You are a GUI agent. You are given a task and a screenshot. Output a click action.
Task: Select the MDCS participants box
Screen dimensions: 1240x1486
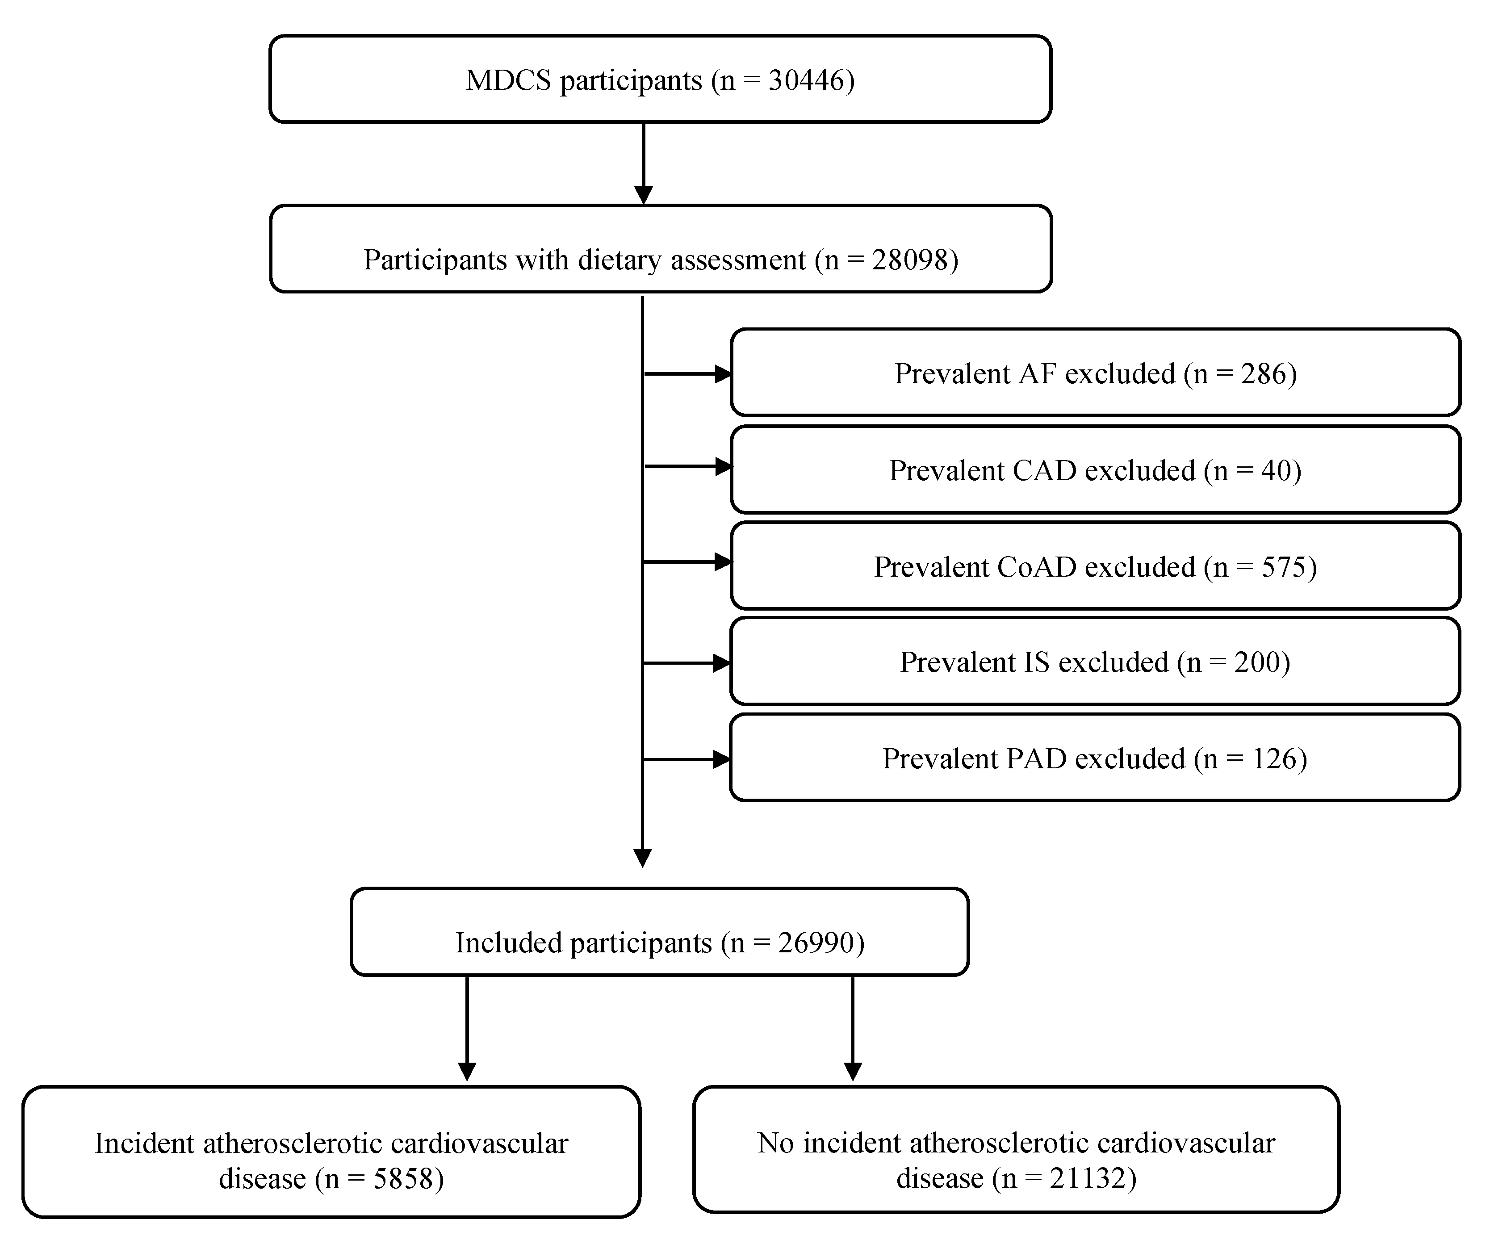(x=660, y=79)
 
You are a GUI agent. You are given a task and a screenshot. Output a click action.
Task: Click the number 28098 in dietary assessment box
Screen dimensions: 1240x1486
(x=910, y=260)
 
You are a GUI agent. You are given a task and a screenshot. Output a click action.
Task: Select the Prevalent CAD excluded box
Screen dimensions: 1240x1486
(x=1095, y=470)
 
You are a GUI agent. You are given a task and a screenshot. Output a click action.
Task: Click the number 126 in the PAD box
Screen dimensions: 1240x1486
(x=1274, y=759)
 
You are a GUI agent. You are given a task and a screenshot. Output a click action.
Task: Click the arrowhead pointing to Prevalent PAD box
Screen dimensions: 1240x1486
(x=722, y=759)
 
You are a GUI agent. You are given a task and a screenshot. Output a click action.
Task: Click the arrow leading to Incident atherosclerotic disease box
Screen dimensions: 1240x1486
(x=467, y=1030)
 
